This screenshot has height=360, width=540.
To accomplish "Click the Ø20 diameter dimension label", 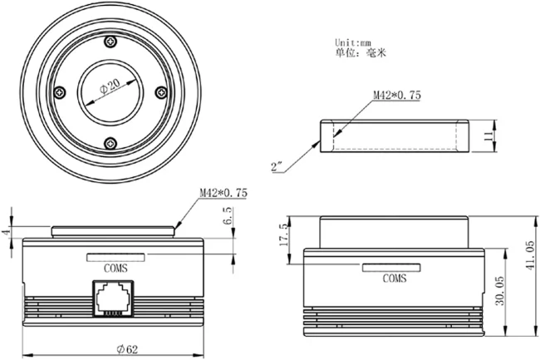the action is coord(110,86).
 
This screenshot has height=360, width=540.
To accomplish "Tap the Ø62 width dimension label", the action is coord(127,350).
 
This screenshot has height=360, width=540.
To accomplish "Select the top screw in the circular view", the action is coord(110,42).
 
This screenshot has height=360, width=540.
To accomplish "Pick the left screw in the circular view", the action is coord(61,92).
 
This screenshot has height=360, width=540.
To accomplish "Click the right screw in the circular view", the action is coord(161,92).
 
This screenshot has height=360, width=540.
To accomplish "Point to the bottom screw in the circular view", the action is coord(110,143).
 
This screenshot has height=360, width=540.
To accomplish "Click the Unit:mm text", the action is coord(353,42).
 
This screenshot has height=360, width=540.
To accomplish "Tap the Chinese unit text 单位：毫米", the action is coord(361,52).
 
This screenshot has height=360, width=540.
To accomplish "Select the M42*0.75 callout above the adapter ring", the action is coord(397,95).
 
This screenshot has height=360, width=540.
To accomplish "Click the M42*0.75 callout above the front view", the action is coord(223,193).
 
